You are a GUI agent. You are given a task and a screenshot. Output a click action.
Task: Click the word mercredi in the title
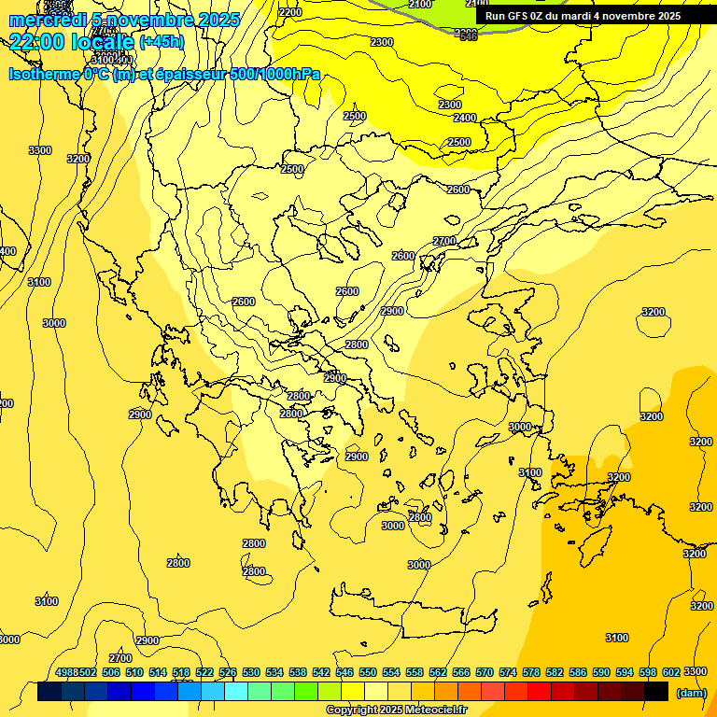click(44, 20)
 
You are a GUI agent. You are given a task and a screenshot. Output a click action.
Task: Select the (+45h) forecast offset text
click(162, 42)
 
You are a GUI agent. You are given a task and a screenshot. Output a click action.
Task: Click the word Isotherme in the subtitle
click(44, 74)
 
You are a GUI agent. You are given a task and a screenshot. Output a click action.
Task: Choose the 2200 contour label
click(290, 12)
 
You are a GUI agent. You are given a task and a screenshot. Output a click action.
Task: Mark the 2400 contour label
click(465, 119)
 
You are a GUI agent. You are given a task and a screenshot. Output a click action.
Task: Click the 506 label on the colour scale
click(110, 672)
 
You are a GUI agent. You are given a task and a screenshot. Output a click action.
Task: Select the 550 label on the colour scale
click(367, 672)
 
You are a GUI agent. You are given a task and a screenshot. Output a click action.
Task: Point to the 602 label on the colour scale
click(670, 672)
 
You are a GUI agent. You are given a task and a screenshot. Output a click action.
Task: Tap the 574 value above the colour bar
click(507, 672)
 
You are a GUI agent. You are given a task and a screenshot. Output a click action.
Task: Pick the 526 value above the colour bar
click(227, 672)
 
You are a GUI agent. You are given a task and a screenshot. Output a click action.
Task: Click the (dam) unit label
click(691, 693)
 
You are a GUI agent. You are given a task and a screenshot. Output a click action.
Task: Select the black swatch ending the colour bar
click(656, 692)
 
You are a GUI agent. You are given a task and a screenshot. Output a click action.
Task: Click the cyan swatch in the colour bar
click(236, 692)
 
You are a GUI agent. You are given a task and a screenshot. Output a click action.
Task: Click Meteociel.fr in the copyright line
click(435, 710)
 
